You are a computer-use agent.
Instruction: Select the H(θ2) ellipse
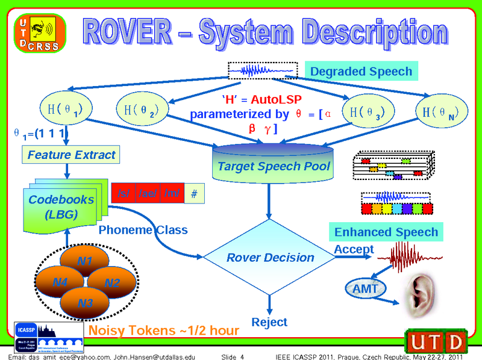tap(141, 110)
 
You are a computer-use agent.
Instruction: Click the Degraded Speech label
tap(361, 71)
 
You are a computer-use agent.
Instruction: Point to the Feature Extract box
tap(71, 155)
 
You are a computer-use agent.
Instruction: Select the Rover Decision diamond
tap(270, 258)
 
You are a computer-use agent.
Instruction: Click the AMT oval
tap(365, 289)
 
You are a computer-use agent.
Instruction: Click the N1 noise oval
tap(84, 261)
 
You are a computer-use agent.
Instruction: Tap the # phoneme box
tap(193, 194)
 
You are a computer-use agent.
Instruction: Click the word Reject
tap(269, 322)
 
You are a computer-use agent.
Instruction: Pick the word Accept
tap(354, 249)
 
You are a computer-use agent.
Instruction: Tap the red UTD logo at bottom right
tap(437, 341)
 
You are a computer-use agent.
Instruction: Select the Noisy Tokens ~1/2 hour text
tap(163, 331)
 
